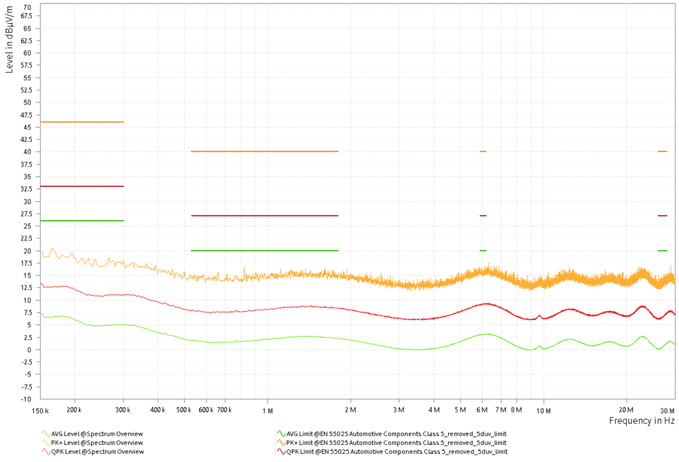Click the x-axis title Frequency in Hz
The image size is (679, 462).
tap(641, 421)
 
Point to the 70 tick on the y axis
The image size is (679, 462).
tap(26, 7)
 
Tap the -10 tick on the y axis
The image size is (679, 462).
tap(25, 399)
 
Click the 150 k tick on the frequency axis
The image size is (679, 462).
tap(41, 411)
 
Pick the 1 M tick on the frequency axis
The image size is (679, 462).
tap(268, 411)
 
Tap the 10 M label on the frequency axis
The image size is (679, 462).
tap(543, 411)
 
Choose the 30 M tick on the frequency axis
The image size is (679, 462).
tap(667, 411)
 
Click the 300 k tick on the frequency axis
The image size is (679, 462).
tap(124, 411)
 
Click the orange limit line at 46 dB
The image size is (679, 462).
tap(82, 122)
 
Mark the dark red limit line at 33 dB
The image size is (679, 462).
tap(82, 186)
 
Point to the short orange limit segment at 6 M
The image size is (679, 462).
tap(483, 152)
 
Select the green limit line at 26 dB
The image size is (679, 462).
tap(82, 221)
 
